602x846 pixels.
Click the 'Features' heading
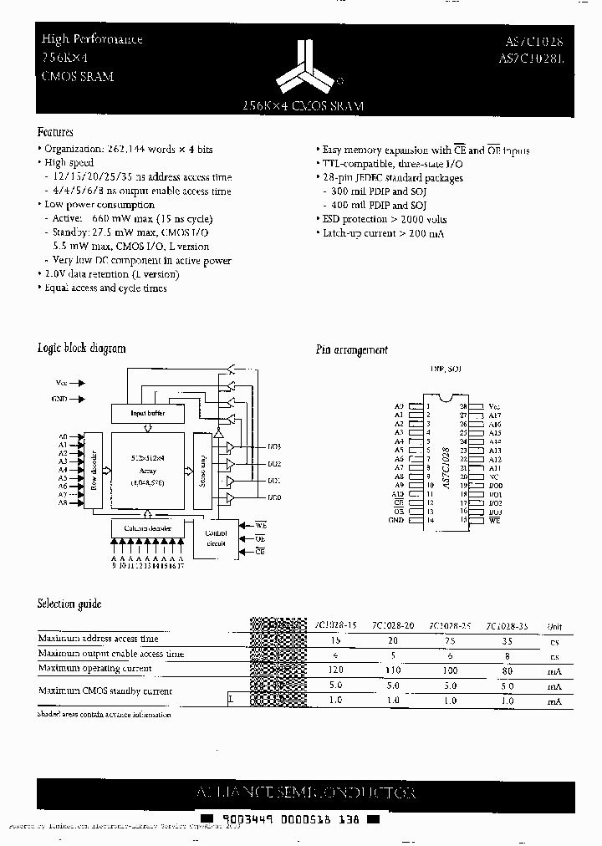[55, 132]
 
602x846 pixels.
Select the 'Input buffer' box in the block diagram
[148, 413]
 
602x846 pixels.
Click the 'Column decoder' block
[148, 527]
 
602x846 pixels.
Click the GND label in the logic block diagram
[60, 400]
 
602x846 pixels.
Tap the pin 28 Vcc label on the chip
[494, 406]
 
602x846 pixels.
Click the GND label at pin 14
[396, 520]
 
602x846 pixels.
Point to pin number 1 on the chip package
[427, 406]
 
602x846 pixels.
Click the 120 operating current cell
[336, 670]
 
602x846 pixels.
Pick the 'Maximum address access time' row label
[98, 639]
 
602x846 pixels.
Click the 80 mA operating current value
[508, 670]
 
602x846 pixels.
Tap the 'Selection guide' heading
[69, 604]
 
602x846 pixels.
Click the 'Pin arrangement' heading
[351, 350]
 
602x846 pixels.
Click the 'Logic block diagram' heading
[82, 348]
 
